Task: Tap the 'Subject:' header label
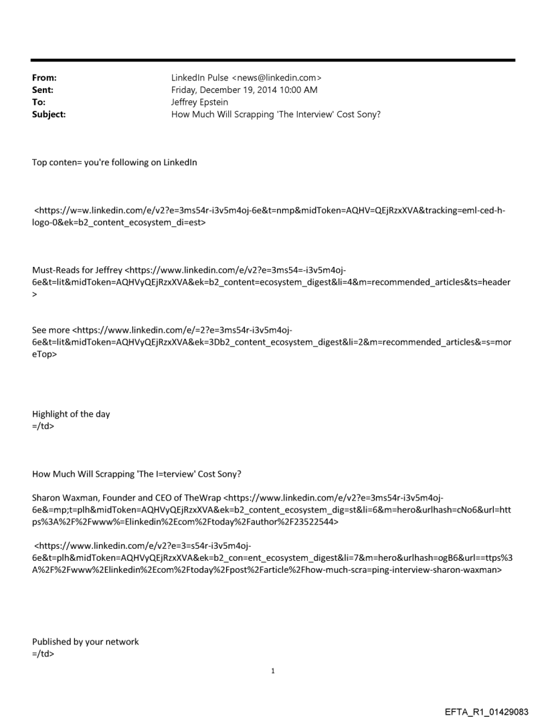coord(49,114)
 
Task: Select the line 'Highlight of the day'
coord(71,414)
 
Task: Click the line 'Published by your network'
coord(86,642)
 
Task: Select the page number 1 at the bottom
coord(273,670)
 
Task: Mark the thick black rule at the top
coord(273,60)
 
